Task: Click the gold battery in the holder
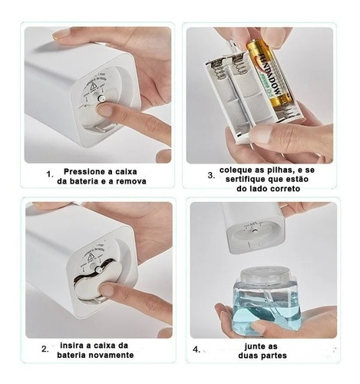click(268, 75)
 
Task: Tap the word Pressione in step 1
click(81, 171)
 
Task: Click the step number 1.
click(50, 174)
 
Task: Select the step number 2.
click(45, 349)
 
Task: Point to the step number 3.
click(211, 176)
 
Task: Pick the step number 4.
click(197, 349)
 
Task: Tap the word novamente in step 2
click(114, 356)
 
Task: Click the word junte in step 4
click(255, 346)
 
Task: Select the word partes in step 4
click(274, 356)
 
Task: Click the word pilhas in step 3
click(273, 170)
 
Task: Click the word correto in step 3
click(285, 189)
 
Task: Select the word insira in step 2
click(71, 346)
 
